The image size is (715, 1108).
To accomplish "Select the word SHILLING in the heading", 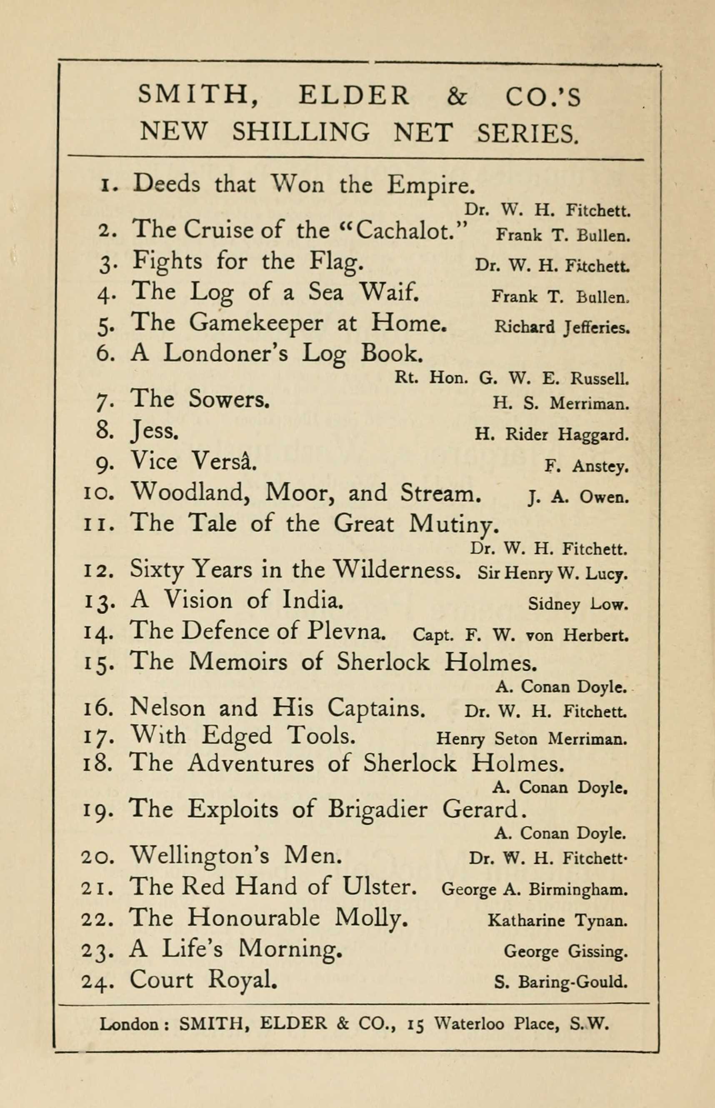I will click(301, 132).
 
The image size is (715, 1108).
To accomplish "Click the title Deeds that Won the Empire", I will click(304, 184).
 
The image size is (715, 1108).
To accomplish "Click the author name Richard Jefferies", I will click(561, 327).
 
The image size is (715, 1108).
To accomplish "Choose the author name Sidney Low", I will click(577, 604).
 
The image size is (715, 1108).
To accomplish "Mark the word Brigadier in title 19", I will click(377, 810).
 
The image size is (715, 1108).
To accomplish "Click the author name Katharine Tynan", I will click(557, 920).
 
